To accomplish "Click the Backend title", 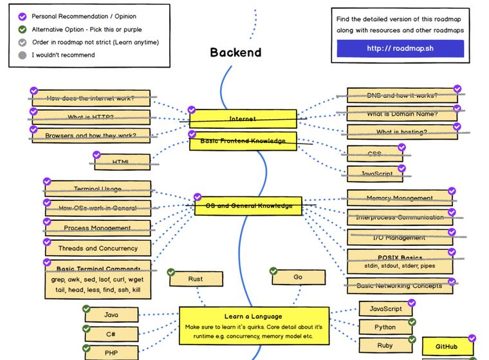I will pos(235,53).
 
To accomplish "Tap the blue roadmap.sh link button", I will pos(400,48).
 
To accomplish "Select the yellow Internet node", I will pos(243,119).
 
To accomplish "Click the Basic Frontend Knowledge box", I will pos(243,141).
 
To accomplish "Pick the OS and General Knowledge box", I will pos(248,206).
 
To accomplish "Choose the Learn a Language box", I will pos(253,322).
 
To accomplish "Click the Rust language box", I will pos(196,279).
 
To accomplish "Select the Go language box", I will pos(297,277).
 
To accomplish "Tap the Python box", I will pos(385,327).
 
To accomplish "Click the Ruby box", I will pos(385,346).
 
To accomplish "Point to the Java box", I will pos(111,315).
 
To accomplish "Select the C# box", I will pos(111,334).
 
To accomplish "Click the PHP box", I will pos(111,352).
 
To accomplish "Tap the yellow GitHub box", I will pos(447,346).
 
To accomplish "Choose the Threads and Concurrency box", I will pos(98,248).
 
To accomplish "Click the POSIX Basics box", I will pos(399,261).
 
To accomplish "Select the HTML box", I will pos(122,162).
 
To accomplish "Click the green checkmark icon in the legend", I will pos(23,29).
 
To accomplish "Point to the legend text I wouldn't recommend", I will pos(63,55).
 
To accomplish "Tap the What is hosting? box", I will pos(402,132).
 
